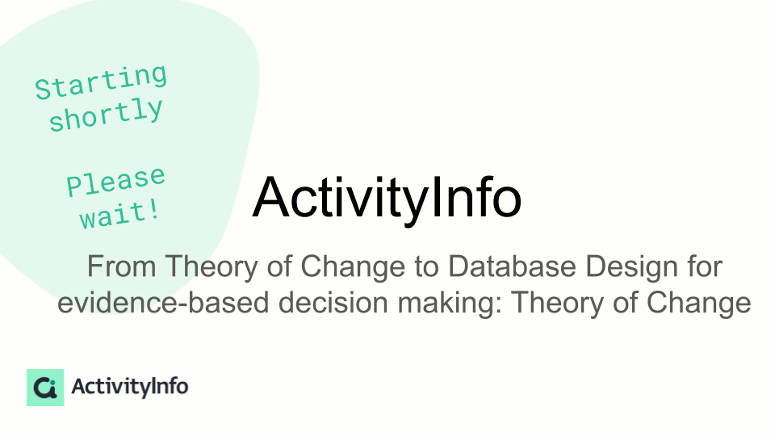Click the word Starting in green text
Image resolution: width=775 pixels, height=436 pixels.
[x=102, y=82]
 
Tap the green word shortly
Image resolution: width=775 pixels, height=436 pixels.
[x=106, y=115]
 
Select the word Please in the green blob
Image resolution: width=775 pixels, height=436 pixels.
[x=115, y=181]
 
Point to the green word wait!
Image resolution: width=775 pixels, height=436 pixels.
[x=120, y=215]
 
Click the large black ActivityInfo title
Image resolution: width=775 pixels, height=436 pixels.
[x=387, y=198]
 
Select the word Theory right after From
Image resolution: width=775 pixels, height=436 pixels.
[x=211, y=267]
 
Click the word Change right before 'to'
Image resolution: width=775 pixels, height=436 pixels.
[x=353, y=267]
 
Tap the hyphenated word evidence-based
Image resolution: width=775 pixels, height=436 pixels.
[x=163, y=302]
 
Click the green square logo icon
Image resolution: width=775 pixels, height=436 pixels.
[x=45, y=387]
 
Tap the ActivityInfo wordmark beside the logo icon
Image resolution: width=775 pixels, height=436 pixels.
[x=129, y=387]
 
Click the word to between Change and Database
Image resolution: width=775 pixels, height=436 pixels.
[x=426, y=267]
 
